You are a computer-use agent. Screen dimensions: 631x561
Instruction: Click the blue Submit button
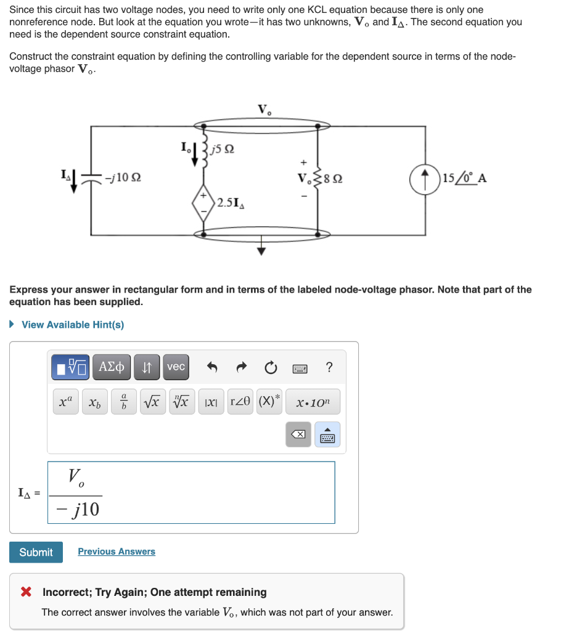(x=36, y=552)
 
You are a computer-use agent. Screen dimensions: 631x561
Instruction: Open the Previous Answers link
(x=117, y=552)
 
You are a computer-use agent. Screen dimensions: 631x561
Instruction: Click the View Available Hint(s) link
(x=72, y=325)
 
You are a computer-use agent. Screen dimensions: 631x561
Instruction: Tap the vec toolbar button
(x=176, y=367)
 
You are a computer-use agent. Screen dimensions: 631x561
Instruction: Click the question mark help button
(x=329, y=367)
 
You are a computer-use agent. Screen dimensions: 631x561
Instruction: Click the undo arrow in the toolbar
(x=212, y=367)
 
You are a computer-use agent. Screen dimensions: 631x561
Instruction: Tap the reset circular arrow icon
(x=271, y=367)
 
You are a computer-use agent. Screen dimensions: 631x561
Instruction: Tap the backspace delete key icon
(x=298, y=434)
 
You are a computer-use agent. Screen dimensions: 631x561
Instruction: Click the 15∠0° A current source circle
(x=424, y=179)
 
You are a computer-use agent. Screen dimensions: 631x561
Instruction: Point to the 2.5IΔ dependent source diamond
(x=203, y=203)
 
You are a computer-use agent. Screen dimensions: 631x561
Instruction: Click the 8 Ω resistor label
(x=334, y=179)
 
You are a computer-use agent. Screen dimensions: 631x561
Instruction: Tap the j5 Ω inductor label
(x=223, y=149)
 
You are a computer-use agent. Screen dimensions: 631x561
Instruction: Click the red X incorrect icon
(x=26, y=592)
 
